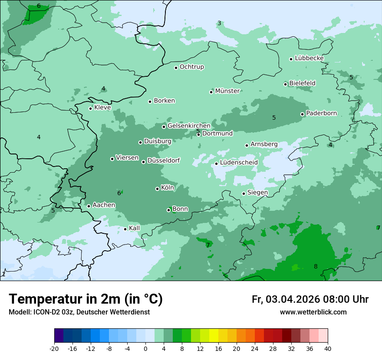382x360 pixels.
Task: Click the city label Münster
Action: tap(227, 91)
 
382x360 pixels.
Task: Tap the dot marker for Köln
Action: tap(158, 189)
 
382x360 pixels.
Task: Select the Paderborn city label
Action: tap(322, 114)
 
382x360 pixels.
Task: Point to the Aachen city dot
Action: tap(89, 206)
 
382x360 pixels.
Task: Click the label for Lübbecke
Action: tap(309, 58)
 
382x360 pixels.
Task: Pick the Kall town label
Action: tap(135, 228)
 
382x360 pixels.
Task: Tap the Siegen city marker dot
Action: tap(244, 194)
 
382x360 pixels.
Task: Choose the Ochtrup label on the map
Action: tap(192, 67)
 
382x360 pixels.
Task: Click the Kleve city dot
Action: tap(91, 108)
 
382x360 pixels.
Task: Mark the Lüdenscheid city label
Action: tap(239, 163)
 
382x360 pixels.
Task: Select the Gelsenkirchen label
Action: tap(189, 126)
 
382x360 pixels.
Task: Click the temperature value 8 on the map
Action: tap(316, 266)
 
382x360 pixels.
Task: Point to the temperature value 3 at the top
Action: tap(219, 23)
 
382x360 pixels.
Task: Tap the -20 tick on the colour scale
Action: tap(54, 348)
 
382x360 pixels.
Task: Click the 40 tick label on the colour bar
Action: tap(328, 348)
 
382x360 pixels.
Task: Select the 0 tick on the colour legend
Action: tap(145, 348)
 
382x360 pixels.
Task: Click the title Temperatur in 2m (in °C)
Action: tap(86, 299)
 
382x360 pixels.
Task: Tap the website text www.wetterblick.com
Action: tap(313, 312)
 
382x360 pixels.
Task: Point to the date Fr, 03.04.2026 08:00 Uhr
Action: tap(310, 299)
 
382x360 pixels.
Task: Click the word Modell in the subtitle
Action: tap(19, 312)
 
